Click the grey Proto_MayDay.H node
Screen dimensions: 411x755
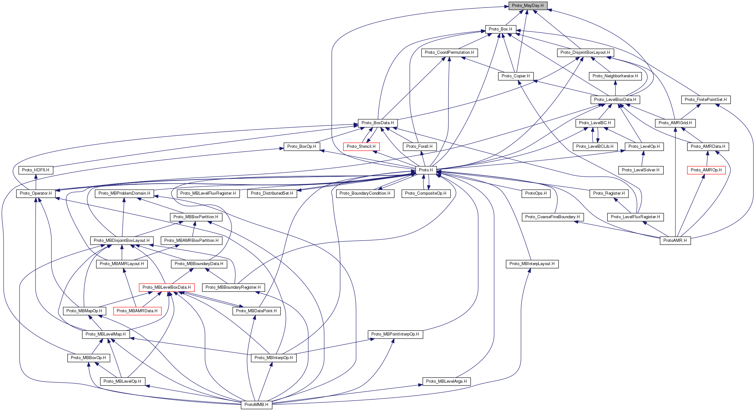point(528,6)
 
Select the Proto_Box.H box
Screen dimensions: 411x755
point(500,29)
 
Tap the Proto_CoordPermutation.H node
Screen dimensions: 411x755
point(449,53)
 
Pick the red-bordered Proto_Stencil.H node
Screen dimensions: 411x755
point(361,147)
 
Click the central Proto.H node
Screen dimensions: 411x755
point(426,170)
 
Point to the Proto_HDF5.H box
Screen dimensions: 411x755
point(36,170)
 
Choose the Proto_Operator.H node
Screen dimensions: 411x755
point(36,193)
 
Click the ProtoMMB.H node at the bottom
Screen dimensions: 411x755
point(256,405)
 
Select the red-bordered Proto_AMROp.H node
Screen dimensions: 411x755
point(706,170)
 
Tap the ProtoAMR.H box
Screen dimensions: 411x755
point(675,241)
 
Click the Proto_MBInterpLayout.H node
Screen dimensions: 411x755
point(532,264)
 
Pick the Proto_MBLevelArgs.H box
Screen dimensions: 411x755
point(446,381)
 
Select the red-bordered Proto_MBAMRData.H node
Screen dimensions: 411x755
point(137,311)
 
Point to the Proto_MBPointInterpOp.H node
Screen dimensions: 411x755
point(395,334)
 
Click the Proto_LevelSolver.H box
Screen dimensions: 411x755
point(641,170)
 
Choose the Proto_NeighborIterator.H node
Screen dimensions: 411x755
point(615,76)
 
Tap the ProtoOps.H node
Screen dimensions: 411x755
point(536,193)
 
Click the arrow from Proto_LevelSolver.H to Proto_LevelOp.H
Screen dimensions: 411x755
point(642,158)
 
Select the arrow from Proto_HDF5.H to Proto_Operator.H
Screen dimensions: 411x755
point(36,182)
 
